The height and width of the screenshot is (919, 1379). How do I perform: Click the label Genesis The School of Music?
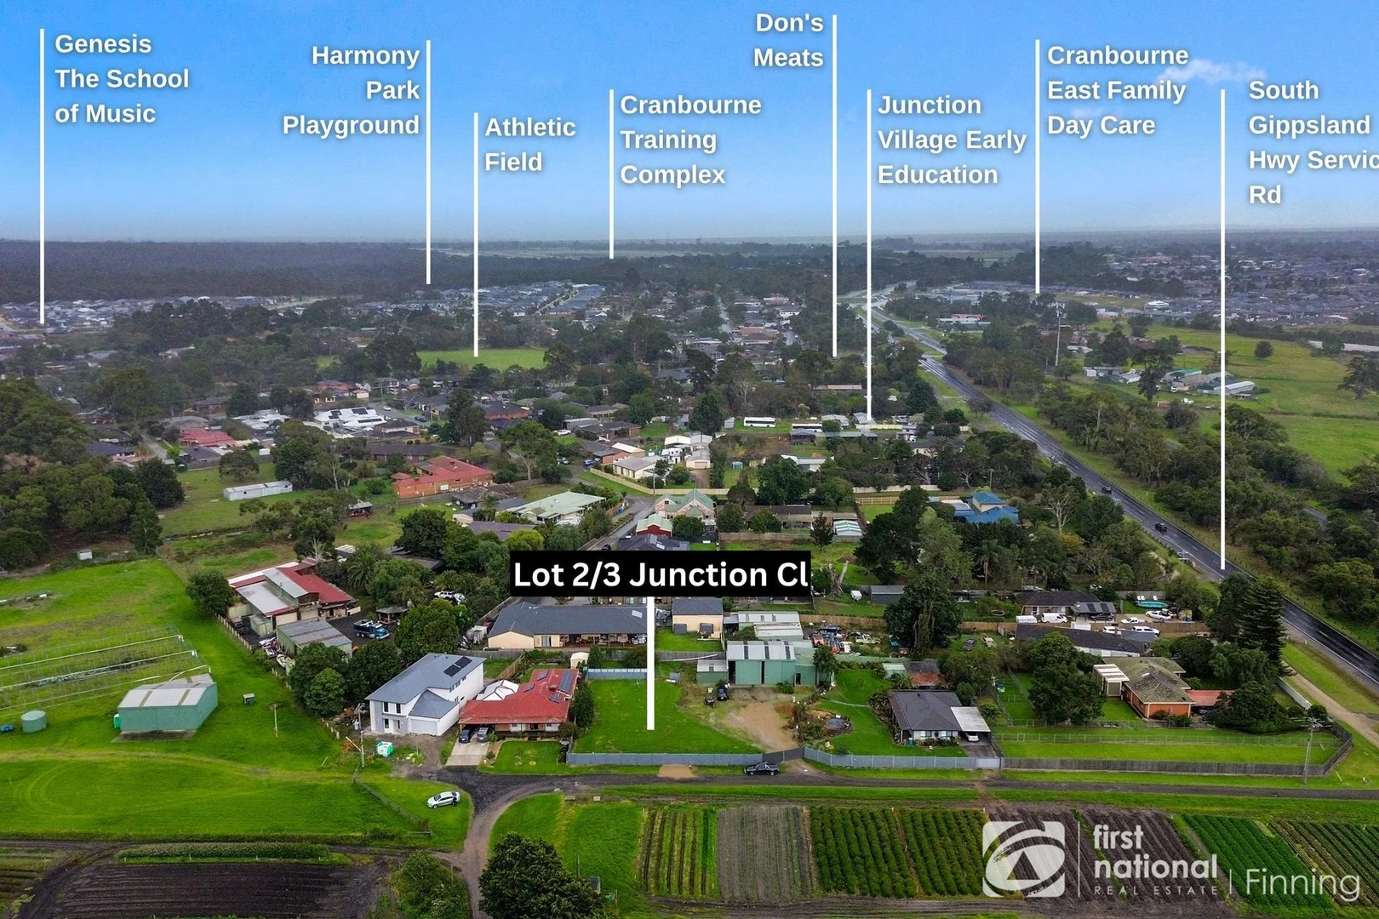[122, 79]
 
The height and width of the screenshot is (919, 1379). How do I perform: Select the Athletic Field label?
[529, 145]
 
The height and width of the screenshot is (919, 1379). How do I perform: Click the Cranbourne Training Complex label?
[690, 140]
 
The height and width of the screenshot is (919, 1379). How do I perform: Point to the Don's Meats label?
[788, 40]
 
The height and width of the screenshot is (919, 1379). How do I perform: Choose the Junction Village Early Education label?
[952, 140]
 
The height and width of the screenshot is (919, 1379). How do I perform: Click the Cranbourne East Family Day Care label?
[1118, 90]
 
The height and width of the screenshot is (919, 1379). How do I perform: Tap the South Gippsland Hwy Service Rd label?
[1313, 143]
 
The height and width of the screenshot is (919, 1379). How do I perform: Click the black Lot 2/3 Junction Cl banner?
[660, 574]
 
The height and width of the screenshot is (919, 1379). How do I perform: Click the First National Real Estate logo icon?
[1024, 859]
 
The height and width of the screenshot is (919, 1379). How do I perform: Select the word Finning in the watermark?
[1302, 882]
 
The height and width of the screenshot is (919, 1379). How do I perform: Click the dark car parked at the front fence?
[762, 768]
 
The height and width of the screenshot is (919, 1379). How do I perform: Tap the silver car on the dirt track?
[443, 799]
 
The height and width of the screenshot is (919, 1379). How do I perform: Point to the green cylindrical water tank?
[34, 721]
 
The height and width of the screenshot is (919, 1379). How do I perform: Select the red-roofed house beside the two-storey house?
[520, 702]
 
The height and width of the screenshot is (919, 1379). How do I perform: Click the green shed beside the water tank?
[168, 704]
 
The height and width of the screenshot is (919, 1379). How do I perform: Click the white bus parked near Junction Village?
[759, 422]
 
